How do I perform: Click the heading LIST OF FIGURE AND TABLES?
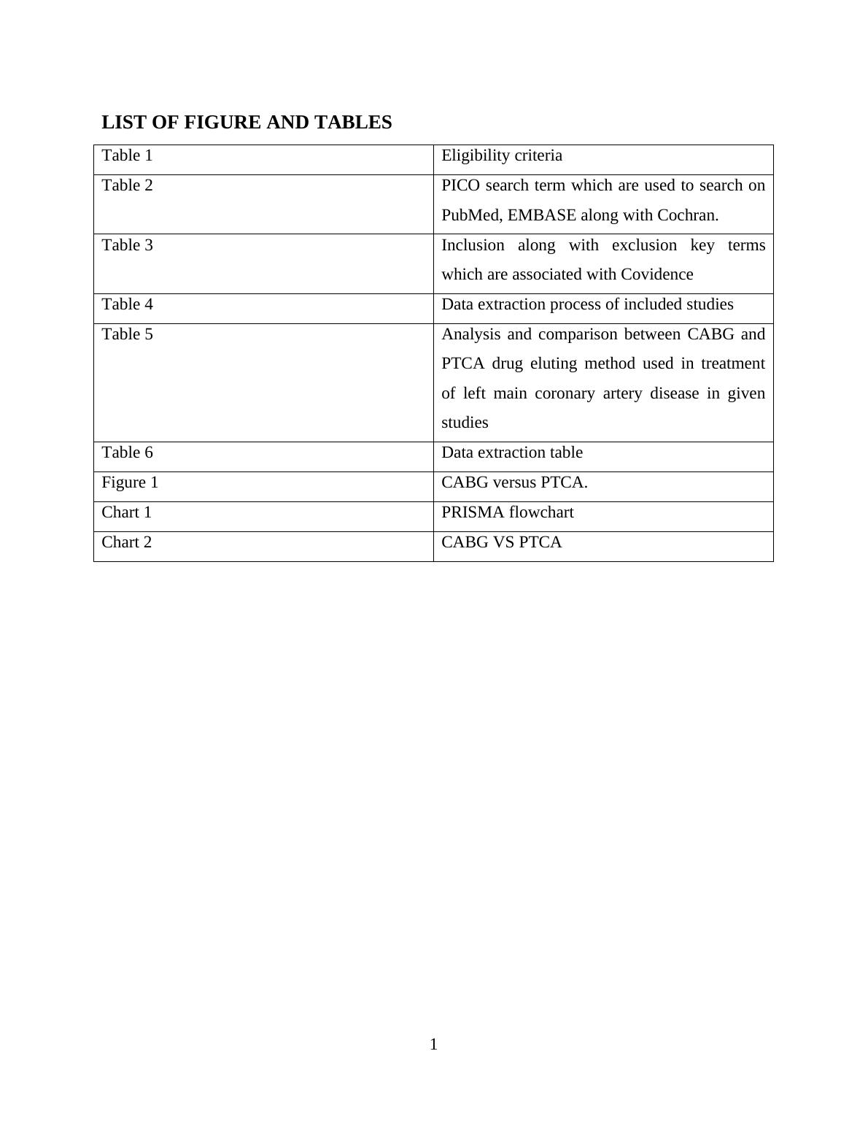[247, 123]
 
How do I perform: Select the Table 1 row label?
[128, 155]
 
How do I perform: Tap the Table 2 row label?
[128, 185]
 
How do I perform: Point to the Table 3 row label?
[128, 245]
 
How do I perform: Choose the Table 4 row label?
[128, 304]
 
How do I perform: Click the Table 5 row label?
[128, 334]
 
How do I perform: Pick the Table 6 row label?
[128, 453]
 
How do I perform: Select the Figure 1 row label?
[130, 482]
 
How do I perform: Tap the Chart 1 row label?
[127, 512]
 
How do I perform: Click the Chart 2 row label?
[127, 542]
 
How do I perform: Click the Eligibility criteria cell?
[502, 155]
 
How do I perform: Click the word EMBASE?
[542, 215]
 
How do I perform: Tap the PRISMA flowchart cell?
[508, 512]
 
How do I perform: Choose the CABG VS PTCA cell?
[502, 542]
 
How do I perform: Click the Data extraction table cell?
[512, 453]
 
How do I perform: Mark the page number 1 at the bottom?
[434, 1044]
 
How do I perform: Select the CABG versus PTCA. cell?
[514, 482]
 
